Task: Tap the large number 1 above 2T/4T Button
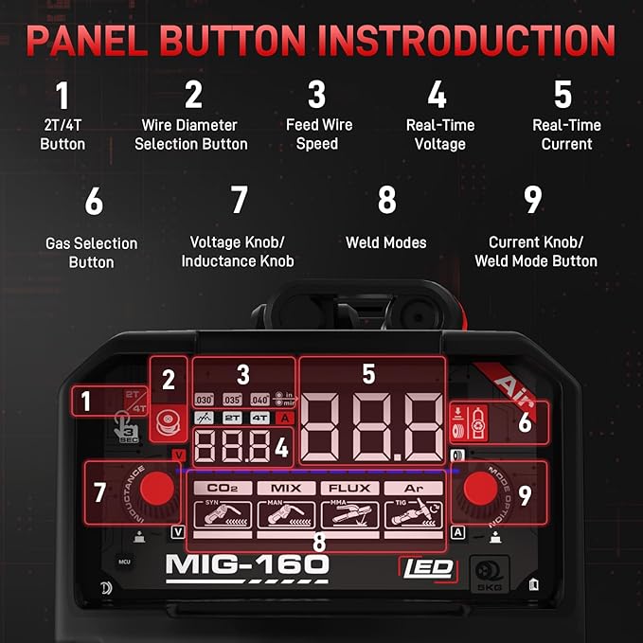click(63, 97)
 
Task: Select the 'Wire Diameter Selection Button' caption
click(191, 134)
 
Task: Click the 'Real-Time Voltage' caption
click(439, 134)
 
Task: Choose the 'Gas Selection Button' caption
click(91, 253)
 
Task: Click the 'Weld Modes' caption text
click(386, 243)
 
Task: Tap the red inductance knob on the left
click(158, 490)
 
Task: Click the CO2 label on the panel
click(221, 489)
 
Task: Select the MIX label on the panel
click(285, 489)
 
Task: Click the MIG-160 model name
click(247, 565)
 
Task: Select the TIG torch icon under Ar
click(413, 515)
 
